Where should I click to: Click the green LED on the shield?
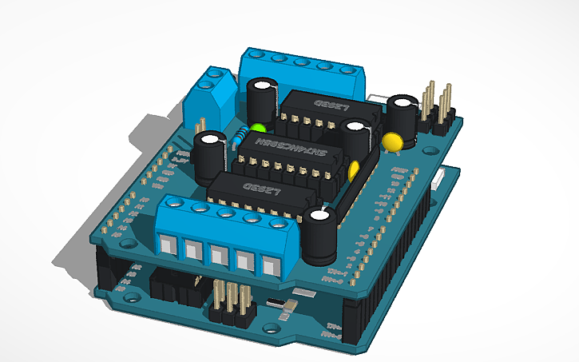[x=257, y=127]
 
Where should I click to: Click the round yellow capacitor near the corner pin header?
[x=391, y=141]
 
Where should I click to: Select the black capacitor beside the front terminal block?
[x=322, y=236]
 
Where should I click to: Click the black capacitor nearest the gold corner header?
[x=402, y=118]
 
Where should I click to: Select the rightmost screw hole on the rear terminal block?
[x=347, y=70]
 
